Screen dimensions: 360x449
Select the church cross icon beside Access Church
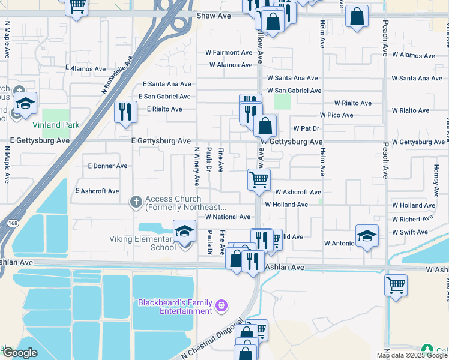click(x=136, y=202)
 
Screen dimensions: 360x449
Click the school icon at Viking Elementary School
click(x=185, y=232)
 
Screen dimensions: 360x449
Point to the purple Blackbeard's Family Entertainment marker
click(x=221, y=306)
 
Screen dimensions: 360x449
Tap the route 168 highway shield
click(x=13, y=223)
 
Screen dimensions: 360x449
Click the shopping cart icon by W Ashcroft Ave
click(x=259, y=179)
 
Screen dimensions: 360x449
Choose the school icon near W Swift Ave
click(x=367, y=236)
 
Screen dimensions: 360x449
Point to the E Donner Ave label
click(x=107, y=166)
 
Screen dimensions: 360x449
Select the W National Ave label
click(x=228, y=217)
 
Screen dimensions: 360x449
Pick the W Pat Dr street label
click(x=306, y=128)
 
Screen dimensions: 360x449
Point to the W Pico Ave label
click(x=336, y=115)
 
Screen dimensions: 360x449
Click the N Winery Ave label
click(x=196, y=165)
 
